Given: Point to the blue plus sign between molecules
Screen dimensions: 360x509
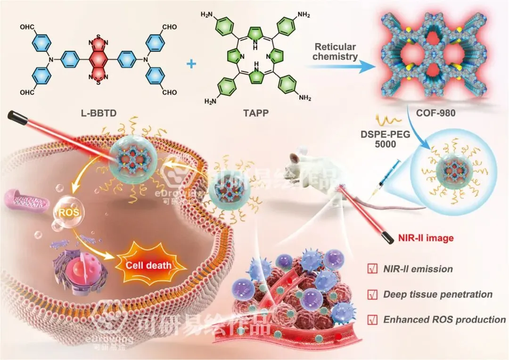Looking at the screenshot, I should click(x=191, y=64).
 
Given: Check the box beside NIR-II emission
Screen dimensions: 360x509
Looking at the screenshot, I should click(x=371, y=269).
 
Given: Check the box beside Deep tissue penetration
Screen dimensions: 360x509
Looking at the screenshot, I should click(x=371, y=295).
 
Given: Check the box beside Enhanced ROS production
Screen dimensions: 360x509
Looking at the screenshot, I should click(x=371, y=320).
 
